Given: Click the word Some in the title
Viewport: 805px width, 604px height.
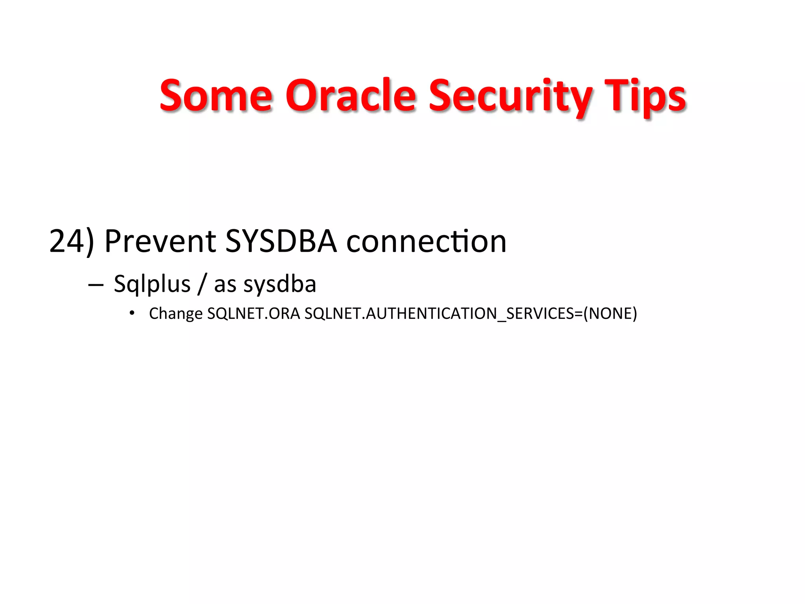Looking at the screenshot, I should (216, 96).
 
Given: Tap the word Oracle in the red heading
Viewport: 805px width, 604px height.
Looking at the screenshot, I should (350, 96).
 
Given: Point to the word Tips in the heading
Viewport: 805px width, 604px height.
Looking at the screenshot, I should (645, 96).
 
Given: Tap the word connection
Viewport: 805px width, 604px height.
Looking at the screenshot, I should (426, 241).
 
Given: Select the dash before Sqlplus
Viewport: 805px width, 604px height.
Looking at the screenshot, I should (96, 284).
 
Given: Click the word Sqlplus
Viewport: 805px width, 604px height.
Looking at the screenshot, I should (152, 284).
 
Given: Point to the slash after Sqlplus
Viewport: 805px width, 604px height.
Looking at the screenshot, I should (202, 284).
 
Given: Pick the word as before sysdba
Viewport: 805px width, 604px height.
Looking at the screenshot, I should (225, 284).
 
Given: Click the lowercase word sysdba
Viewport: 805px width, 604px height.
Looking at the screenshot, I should (280, 284).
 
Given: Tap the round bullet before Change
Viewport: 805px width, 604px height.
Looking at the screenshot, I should (132, 313).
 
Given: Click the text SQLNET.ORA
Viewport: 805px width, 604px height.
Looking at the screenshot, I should (254, 313).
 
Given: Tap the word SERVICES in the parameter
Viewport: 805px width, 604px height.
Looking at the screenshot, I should (540, 313).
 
